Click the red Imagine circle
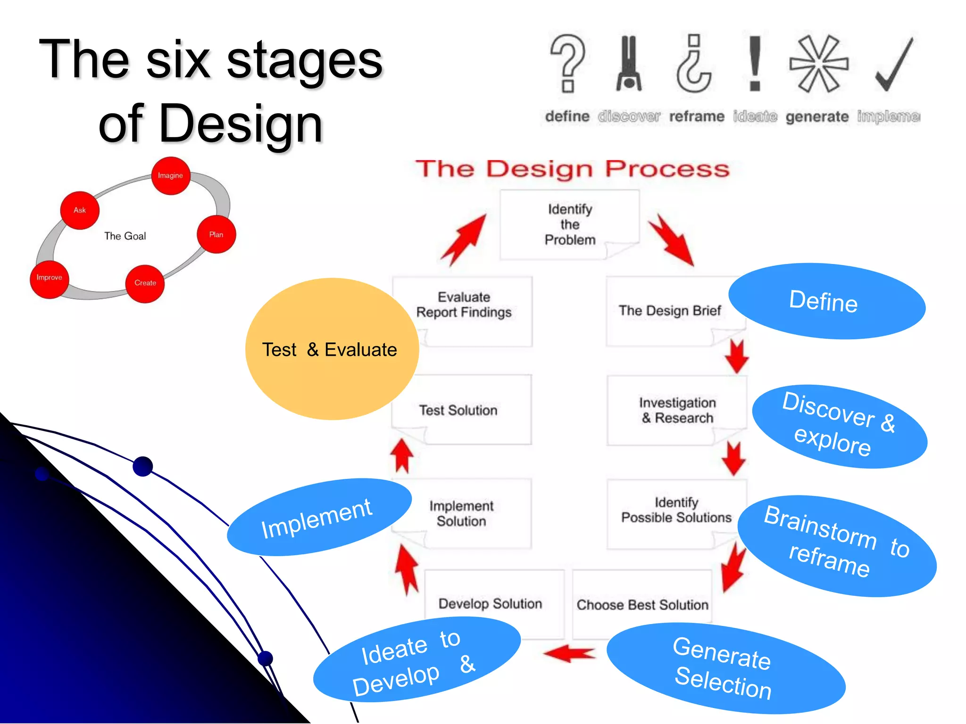(170, 176)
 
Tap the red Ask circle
(80, 210)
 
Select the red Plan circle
(216, 234)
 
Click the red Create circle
(145, 283)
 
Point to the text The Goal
(125, 236)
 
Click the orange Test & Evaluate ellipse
(330, 349)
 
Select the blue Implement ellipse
(319, 517)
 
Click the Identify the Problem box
(569, 224)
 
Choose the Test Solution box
(460, 410)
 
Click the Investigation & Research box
(677, 410)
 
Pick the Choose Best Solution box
(642, 605)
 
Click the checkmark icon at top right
(894, 64)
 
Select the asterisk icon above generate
(819, 64)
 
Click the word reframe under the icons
(696, 116)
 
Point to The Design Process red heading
(572, 169)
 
